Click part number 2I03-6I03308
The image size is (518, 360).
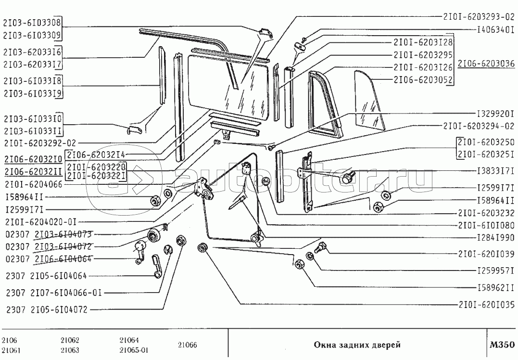click(x=33, y=23)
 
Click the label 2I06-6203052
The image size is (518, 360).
click(x=420, y=79)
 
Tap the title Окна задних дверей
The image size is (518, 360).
click(x=357, y=345)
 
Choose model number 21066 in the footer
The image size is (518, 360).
click(x=187, y=345)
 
